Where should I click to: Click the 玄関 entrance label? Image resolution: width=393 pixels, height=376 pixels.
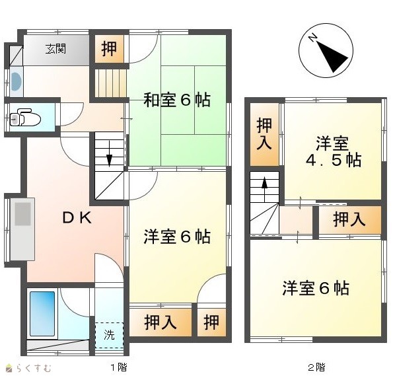[55, 49]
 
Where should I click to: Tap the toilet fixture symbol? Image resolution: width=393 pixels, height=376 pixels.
[25, 118]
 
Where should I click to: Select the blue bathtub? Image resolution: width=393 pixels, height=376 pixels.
[42, 313]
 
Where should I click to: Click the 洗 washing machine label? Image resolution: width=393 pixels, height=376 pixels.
[109, 334]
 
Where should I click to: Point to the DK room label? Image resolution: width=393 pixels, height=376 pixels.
[77, 217]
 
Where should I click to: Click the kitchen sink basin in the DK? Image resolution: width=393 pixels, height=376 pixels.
[22, 214]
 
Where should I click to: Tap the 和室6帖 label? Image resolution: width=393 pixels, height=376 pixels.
[177, 100]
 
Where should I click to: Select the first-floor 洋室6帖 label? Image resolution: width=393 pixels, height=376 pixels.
[177, 237]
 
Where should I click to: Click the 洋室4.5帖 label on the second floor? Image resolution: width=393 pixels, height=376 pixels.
[334, 152]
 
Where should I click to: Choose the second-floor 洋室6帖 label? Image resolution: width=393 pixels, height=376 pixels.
[316, 288]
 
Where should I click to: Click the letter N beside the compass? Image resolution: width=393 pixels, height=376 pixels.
[312, 38]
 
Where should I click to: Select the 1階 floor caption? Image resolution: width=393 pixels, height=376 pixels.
[119, 367]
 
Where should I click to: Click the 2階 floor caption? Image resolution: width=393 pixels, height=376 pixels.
[316, 367]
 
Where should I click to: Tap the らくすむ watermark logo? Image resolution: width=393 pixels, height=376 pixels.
[28, 368]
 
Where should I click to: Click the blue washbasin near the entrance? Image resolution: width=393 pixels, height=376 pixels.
[17, 81]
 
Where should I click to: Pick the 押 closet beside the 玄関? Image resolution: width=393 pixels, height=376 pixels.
[109, 49]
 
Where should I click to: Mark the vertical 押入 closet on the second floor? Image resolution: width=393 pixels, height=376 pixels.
[264, 134]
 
